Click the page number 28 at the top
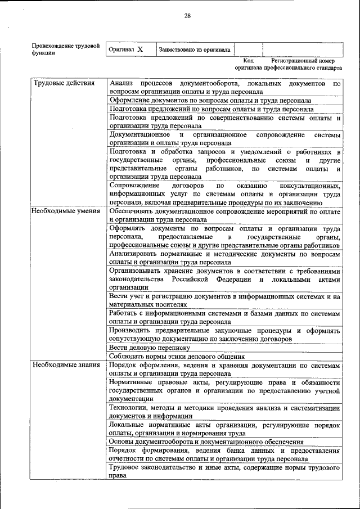(187, 16)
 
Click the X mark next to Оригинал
(140, 49)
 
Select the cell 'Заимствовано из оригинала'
(195, 49)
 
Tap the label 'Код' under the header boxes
(248, 60)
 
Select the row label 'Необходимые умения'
(66, 211)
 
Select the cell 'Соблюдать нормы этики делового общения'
(177, 357)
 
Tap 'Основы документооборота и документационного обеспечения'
(206, 442)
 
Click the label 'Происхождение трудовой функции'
(65, 49)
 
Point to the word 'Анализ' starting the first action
(121, 84)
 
